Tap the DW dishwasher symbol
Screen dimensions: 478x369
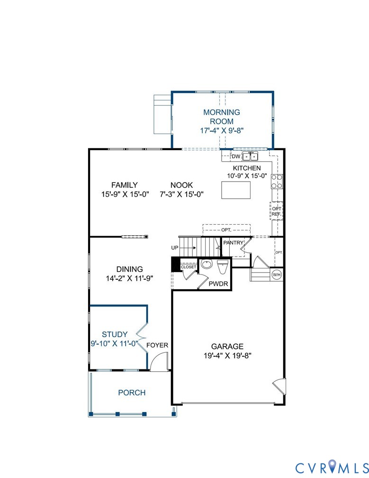coord(235,156)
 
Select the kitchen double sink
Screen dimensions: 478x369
coord(251,156)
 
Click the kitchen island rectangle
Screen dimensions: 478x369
coord(235,191)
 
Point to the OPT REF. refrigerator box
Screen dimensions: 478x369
coord(277,211)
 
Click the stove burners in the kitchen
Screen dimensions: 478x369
coord(277,182)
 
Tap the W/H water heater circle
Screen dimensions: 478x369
coord(276,274)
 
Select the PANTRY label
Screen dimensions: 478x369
coord(233,243)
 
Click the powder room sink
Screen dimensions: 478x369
coord(207,265)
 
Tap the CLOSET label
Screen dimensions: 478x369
coord(188,267)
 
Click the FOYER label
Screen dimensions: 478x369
coord(157,345)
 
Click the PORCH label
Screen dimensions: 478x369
coord(132,393)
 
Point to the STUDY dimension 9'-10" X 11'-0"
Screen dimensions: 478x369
coord(114,343)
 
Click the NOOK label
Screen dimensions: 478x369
coord(182,185)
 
